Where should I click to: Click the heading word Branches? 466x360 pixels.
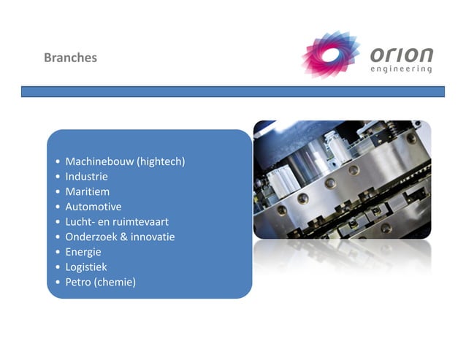point(70,58)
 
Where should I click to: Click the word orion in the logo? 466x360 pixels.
point(401,55)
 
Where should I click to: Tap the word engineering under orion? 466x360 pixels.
point(401,70)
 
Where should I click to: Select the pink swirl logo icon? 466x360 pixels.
point(331,55)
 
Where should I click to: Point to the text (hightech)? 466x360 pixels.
point(161,161)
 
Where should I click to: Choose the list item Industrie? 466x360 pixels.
point(86,177)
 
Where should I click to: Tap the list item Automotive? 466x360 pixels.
point(93,207)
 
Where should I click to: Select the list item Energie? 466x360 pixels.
point(83,252)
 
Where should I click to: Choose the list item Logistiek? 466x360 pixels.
point(86,267)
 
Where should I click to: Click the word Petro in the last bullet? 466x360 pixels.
point(78,282)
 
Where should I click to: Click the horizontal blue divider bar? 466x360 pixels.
point(232,92)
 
